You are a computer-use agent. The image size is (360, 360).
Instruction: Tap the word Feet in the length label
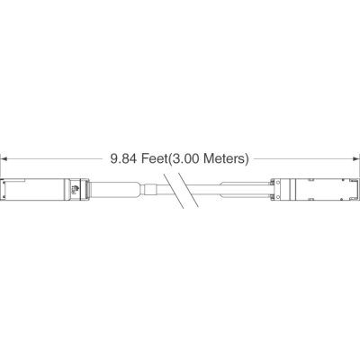pos(154,158)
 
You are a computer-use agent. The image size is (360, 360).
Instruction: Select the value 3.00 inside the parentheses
pos(185,158)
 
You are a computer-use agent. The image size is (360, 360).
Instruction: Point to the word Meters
pos(224,158)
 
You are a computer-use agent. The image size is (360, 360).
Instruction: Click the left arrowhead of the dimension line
pos(4,158)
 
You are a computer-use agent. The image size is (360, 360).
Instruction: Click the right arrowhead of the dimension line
pos(356,158)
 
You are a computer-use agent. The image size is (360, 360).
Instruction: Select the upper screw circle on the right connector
pos(277,182)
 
